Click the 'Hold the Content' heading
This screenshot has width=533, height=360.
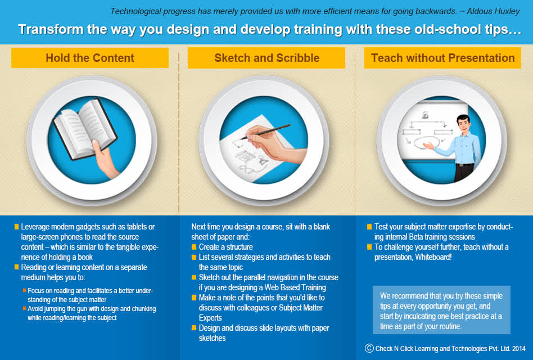coord(90,58)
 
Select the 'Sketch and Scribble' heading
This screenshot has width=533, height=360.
coord(267,58)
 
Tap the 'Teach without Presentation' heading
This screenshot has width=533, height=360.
coord(442,58)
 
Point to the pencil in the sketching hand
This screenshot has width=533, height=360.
coord(265,132)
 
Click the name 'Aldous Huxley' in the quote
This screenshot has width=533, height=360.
coord(493,11)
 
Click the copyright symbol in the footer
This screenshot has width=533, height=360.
coord(369,348)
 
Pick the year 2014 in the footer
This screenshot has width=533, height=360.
coord(519,348)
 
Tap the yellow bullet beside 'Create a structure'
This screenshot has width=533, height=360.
coord(194,247)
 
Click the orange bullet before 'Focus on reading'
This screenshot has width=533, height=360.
coord(25,290)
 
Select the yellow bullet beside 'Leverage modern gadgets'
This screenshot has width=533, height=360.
coord(17,227)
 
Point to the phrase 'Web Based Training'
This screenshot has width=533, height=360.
coord(295,287)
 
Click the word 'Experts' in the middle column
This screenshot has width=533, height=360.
coord(210,318)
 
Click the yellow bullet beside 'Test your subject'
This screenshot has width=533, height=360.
coord(369,227)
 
